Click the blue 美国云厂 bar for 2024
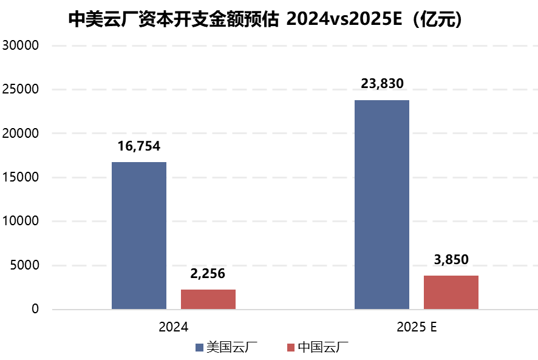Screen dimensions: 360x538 point(139,236)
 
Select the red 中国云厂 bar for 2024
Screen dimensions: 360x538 point(208,299)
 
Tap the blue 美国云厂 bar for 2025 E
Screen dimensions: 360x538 point(381,205)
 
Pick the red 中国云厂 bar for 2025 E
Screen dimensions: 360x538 point(451,292)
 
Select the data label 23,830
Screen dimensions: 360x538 point(382,84)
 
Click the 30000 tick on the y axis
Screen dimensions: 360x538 point(21,46)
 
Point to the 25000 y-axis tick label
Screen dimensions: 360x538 point(21,89)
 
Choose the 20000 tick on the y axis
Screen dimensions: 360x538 point(21,134)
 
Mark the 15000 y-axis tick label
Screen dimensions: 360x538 point(21,177)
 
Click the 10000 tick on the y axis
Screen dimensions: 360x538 point(21,222)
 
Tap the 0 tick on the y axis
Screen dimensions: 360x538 point(35,310)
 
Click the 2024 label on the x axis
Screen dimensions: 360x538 point(173,327)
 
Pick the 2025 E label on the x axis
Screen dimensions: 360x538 point(417,327)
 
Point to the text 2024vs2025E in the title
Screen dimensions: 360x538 point(342,19)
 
